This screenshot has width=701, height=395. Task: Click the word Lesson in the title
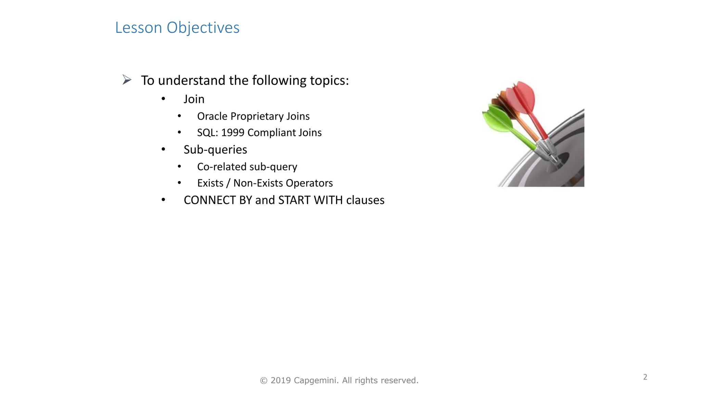click(138, 28)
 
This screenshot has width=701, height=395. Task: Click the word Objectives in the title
click(203, 28)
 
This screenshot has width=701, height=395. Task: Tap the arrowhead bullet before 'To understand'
click(127, 80)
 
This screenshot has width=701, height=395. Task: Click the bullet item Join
click(194, 99)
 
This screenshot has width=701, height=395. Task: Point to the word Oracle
click(212, 116)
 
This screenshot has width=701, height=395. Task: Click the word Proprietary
click(257, 116)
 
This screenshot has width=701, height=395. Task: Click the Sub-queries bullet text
click(215, 149)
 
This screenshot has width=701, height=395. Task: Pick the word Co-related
click(222, 167)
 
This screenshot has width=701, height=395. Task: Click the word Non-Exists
click(258, 183)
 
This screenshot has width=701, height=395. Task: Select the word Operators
click(309, 183)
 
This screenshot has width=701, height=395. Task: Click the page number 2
click(645, 377)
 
